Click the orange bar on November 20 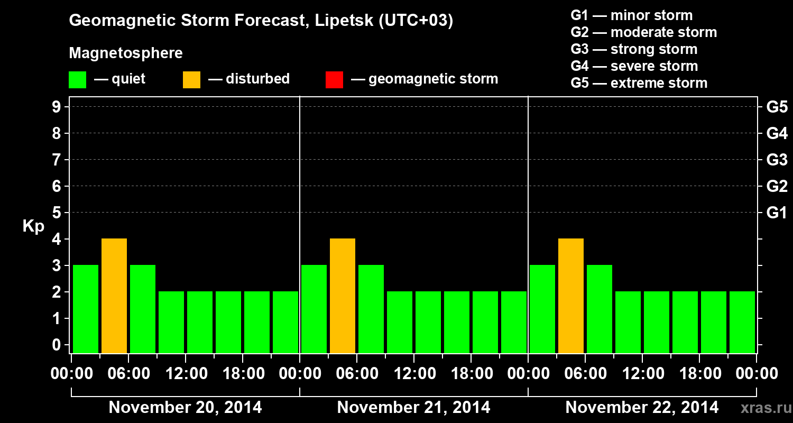(x=114, y=296)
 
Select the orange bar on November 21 (x=343, y=296)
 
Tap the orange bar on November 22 (x=571, y=296)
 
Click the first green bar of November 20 (x=86, y=309)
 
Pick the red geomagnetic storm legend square (x=334, y=80)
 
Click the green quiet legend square (x=77, y=80)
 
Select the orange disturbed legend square (x=191, y=80)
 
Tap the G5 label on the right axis (x=777, y=107)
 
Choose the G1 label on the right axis (x=777, y=213)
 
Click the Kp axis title (x=33, y=226)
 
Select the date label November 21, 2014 (x=413, y=408)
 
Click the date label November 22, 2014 (x=642, y=408)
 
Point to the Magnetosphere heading (x=126, y=53)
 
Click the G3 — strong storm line (x=634, y=49)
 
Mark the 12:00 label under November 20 (x=186, y=373)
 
